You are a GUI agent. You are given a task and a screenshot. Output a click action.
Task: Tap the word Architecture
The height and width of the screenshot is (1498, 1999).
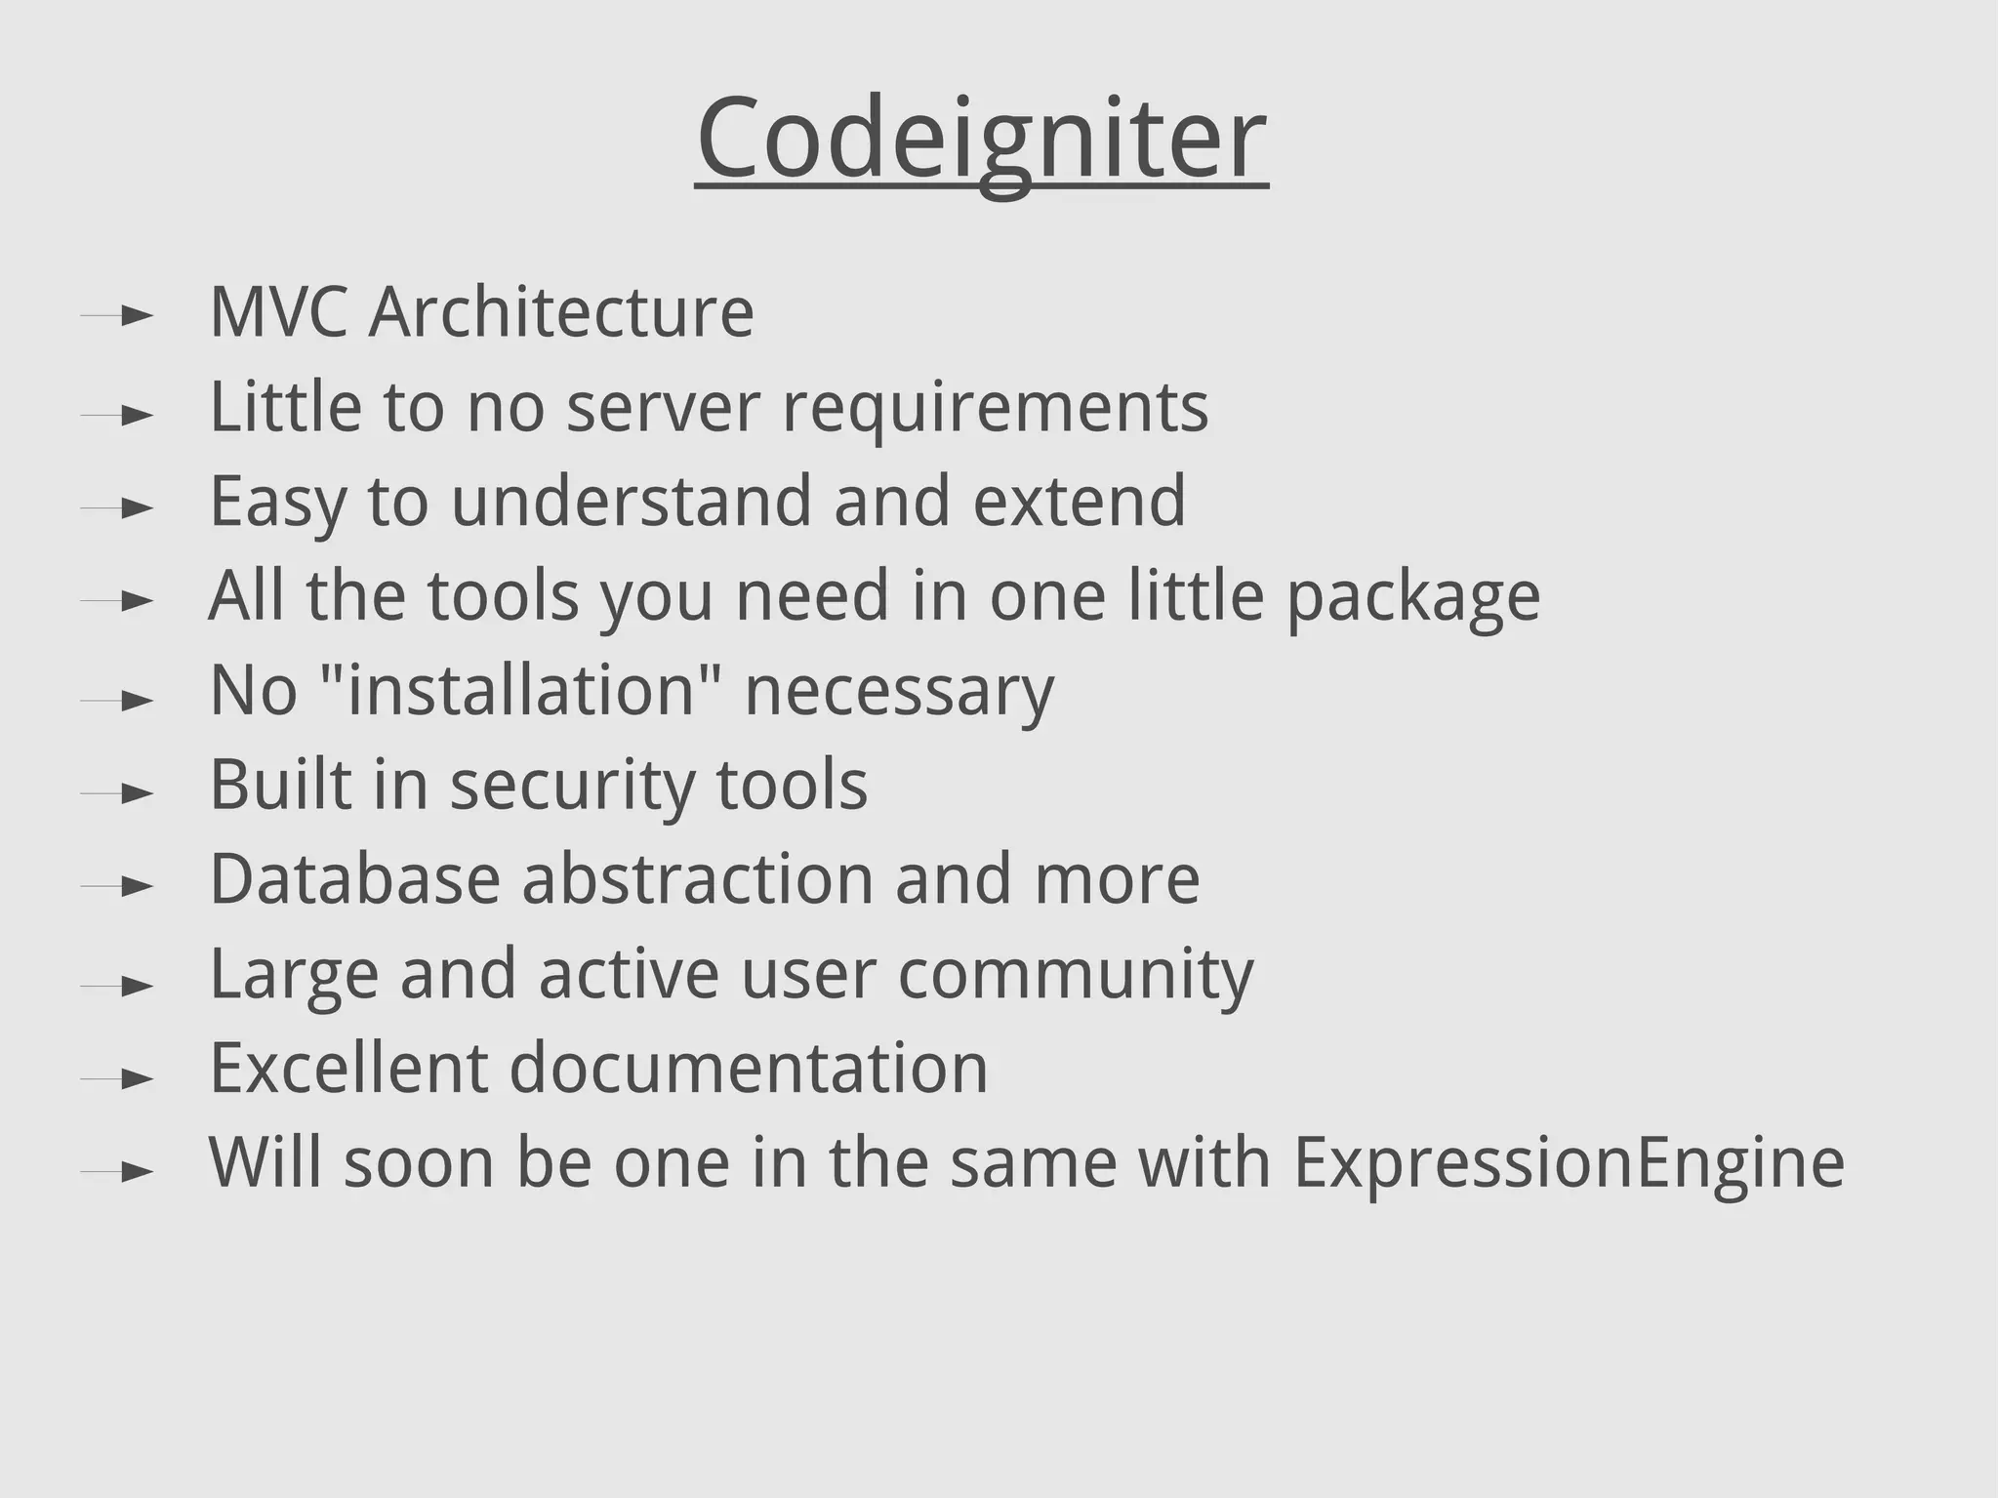click(x=561, y=312)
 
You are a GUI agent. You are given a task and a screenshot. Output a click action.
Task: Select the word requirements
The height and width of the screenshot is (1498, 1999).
click(x=996, y=408)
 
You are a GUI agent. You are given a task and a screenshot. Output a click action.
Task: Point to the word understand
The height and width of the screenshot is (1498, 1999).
click(x=632, y=502)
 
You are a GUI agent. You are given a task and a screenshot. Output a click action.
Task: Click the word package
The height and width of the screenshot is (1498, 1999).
click(x=1413, y=597)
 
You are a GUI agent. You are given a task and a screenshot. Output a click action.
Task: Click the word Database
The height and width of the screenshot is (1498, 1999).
click(x=355, y=879)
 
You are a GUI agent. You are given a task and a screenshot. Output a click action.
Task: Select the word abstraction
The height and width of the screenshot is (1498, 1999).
click(x=698, y=879)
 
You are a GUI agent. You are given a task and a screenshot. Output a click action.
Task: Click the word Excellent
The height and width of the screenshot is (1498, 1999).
click(x=348, y=1069)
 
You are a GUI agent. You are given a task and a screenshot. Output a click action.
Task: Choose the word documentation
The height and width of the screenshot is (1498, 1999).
click(x=749, y=1069)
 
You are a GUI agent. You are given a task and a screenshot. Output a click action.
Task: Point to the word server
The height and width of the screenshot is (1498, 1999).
click(x=663, y=408)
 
